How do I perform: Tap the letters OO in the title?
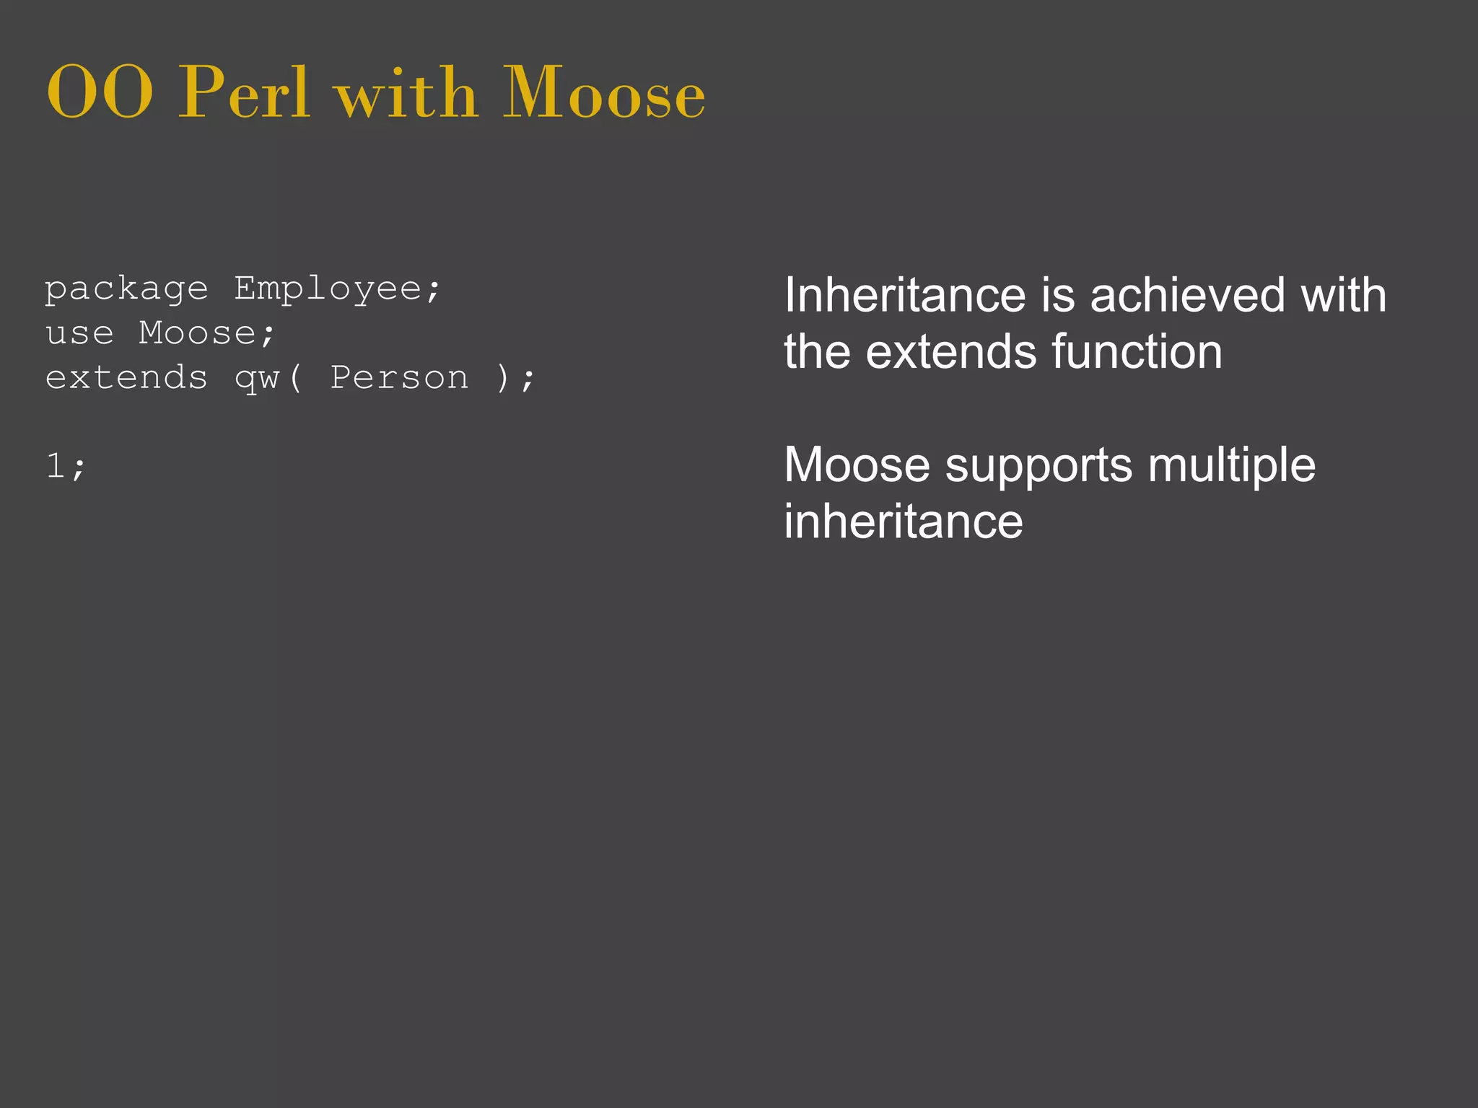click(x=100, y=94)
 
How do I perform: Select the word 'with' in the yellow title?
click(x=406, y=94)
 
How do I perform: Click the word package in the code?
click(x=126, y=290)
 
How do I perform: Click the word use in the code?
click(x=79, y=333)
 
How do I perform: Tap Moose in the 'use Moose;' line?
click(x=198, y=333)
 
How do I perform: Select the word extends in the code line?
click(x=126, y=378)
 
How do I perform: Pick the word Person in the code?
click(x=399, y=378)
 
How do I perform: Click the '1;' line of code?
click(x=66, y=466)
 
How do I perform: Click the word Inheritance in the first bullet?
click(x=905, y=295)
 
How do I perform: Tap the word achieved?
click(x=1187, y=295)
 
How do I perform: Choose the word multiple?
click(x=1231, y=465)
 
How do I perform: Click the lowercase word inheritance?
click(x=904, y=522)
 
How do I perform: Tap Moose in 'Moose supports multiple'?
click(x=857, y=465)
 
